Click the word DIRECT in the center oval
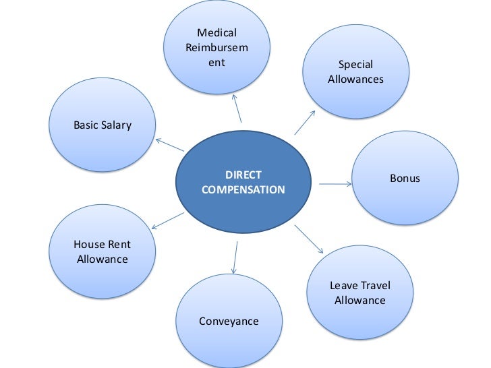click(243, 175)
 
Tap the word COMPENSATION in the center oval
click(243, 190)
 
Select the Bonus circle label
click(405, 179)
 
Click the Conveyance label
click(229, 321)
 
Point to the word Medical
click(216, 33)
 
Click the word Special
click(355, 65)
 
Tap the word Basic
click(86, 125)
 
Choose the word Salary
click(117, 125)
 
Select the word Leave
click(343, 285)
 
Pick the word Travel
click(375, 285)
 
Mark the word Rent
click(117, 244)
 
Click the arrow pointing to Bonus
click(335, 183)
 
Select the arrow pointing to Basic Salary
click(170, 145)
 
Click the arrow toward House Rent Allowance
click(168, 220)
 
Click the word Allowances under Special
click(355, 80)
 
